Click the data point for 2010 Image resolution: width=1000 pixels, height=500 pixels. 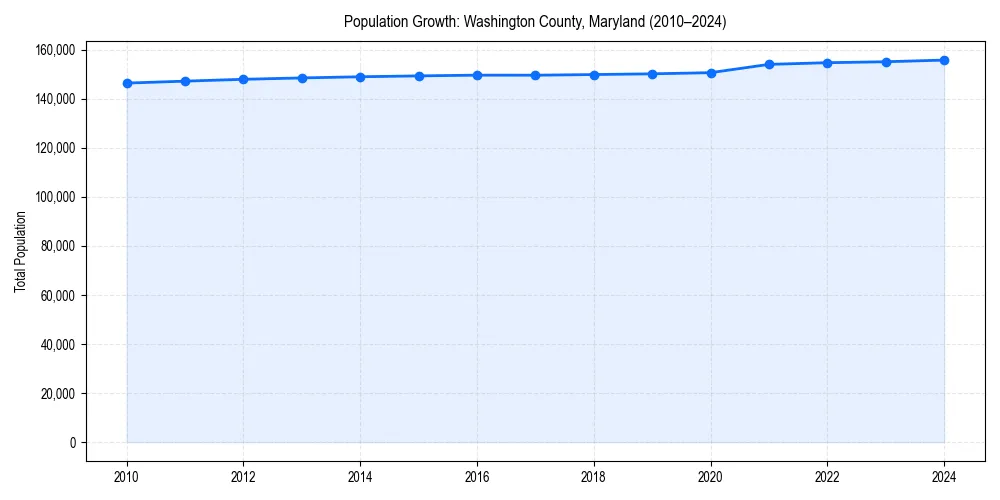pos(127,83)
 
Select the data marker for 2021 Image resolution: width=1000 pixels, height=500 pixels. pos(769,64)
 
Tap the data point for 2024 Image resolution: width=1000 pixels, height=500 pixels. pos(944,60)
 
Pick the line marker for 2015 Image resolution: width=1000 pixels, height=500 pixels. pos(419,76)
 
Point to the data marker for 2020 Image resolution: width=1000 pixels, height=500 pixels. pos(711,73)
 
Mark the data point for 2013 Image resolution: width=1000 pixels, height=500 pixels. pos(302,78)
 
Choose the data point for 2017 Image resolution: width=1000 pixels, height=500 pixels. pos(536,75)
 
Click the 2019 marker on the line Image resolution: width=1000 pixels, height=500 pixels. pos(652,74)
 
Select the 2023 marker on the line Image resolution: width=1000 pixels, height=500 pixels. pos(886,62)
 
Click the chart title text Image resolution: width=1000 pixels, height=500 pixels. pos(535,21)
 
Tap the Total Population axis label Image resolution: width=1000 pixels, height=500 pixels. pos(20,251)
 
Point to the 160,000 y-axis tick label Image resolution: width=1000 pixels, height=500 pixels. pos(56,50)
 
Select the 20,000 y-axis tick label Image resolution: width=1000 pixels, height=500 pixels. pos(59,394)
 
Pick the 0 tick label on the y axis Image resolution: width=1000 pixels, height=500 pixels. pos(72,443)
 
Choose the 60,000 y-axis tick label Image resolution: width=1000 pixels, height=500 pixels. pos(59,296)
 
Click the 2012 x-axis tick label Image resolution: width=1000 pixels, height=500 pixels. pos(243,477)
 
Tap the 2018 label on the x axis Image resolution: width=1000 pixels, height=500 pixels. pos(594,477)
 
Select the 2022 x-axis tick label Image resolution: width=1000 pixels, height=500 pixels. pos(827,477)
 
